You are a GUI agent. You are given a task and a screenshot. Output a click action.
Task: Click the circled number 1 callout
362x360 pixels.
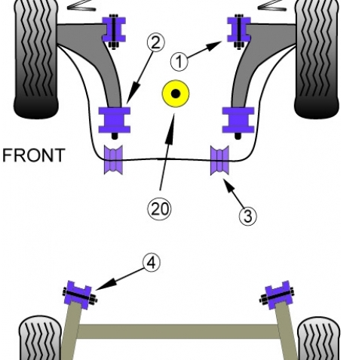tap(179, 61)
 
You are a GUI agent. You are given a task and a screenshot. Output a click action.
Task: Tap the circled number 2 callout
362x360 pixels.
tap(156, 42)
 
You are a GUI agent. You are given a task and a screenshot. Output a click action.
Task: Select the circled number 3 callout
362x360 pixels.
tap(248, 216)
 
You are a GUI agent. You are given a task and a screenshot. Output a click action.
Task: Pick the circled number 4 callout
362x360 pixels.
tap(152, 263)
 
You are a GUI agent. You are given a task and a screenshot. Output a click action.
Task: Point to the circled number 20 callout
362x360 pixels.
tap(159, 209)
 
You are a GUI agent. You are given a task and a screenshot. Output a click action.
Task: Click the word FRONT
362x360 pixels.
tap(34, 155)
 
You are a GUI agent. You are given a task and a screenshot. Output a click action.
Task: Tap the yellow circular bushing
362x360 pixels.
tap(176, 94)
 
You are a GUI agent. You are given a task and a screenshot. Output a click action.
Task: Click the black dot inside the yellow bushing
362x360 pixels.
tap(176, 94)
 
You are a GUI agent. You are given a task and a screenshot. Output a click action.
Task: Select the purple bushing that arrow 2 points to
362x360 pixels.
tap(115, 120)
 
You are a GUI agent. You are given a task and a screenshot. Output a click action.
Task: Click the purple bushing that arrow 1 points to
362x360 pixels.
tap(239, 29)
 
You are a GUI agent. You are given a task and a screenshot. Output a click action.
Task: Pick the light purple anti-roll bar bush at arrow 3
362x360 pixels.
tap(219, 160)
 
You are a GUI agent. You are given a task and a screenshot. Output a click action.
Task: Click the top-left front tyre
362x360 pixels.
tap(36, 58)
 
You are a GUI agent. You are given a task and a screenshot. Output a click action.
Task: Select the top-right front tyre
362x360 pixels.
tap(317, 58)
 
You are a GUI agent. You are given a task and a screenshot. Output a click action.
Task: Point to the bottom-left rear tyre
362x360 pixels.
tap(40, 337)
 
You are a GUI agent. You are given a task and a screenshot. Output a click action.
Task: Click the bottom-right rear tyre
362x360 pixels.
tap(319, 338)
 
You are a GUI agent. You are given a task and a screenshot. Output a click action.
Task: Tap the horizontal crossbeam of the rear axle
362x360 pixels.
tap(178, 331)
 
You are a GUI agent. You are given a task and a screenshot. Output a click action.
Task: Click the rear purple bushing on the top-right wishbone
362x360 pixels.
tap(238, 120)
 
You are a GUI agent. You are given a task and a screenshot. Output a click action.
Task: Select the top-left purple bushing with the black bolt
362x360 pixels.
tap(114, 29)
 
